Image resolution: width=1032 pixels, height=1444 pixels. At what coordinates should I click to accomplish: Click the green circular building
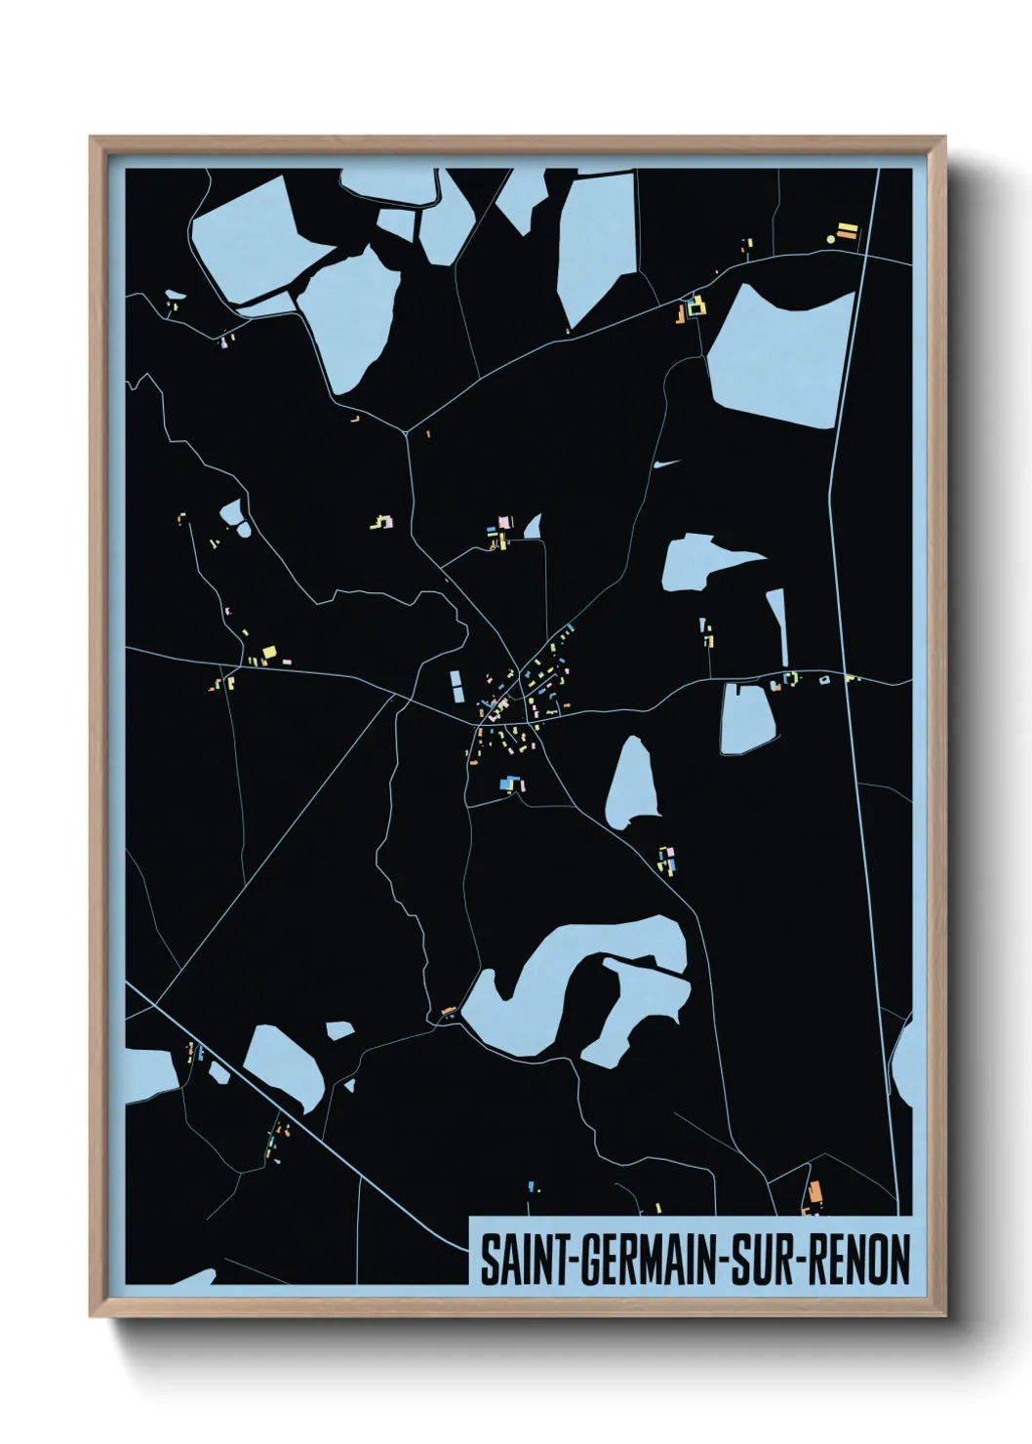click(x=831, y=238)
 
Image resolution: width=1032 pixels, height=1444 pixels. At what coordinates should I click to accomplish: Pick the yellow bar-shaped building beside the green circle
click(x=849, y=231)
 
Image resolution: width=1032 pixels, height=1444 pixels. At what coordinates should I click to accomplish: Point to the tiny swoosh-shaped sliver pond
click(x=665, y=463)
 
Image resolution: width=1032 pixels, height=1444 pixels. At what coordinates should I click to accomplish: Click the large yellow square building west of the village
click(x=269, y=653)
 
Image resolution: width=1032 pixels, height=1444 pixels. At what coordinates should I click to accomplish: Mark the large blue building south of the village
click(x=505, y=782)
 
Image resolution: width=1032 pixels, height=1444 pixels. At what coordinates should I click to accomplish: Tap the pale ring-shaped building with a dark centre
click(x=824, y=679)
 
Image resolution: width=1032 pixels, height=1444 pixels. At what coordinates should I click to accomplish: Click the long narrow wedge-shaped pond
click(x=778, y=625)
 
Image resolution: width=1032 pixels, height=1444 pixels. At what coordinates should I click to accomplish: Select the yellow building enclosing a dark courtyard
click(x=696, y=308)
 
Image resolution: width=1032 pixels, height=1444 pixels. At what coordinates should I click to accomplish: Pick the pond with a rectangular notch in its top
click(x=747, y=719)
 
